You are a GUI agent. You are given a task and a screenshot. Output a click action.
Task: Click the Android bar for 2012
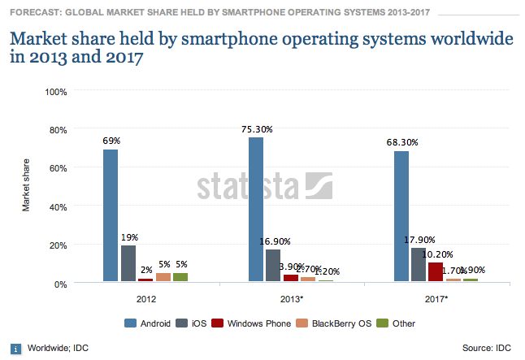coord(111,215)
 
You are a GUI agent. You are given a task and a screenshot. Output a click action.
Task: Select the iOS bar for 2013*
coord(273,266)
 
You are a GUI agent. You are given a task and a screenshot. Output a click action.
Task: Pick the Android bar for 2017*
coord(401,217)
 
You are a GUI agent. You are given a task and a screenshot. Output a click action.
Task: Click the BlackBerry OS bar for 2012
coord(163,277)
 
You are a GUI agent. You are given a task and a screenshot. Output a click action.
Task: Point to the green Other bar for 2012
coord(180,277)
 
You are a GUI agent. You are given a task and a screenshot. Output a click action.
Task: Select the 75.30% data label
coord(256,128)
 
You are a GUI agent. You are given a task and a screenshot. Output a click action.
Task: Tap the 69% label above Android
coord(111,141)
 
